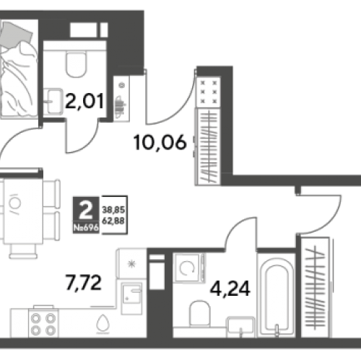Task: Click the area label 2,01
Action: [84, 102]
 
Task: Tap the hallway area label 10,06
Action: [160, 143]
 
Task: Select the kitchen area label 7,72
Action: [83, 284]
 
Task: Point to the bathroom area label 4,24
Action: [230, 289]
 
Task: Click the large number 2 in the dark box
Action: [86, 210]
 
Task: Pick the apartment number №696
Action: [86, 227]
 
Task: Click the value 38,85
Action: [113, 210]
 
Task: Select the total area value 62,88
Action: [113, 221]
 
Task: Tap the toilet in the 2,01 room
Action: [76, 63]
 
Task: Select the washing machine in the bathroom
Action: [189, 268]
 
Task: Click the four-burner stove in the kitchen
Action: [43, 323]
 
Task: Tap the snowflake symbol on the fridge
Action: [131, 264]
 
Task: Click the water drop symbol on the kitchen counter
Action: [103, 322]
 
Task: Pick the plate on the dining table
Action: [14, 203]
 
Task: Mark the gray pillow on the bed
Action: [16, 34]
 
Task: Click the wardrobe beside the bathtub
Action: [316, 287]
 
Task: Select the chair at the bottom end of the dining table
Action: [23, 252]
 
